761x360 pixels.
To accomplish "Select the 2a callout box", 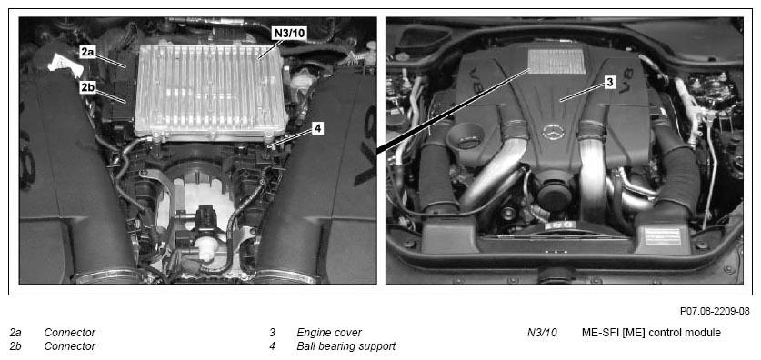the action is [88, 53].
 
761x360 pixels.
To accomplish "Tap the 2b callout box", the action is [88, 88].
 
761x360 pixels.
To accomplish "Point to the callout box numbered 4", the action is [317, 128].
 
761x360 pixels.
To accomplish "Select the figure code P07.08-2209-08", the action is [715, 311].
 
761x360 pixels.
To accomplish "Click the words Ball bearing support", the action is [346, 346].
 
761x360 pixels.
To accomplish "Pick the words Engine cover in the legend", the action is [329, 333].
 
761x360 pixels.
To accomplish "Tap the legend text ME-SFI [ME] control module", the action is [651, 333].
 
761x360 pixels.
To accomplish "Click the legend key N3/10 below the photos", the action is [542, 333].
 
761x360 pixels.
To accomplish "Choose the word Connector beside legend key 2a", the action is [69, 333].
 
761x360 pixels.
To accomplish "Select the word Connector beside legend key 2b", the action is [69, 346].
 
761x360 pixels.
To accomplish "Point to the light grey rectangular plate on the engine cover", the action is [556, 61].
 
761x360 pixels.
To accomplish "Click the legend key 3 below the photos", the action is [272, 333].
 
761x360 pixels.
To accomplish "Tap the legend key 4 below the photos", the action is [272, 346].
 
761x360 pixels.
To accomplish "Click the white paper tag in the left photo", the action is [64, 64].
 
